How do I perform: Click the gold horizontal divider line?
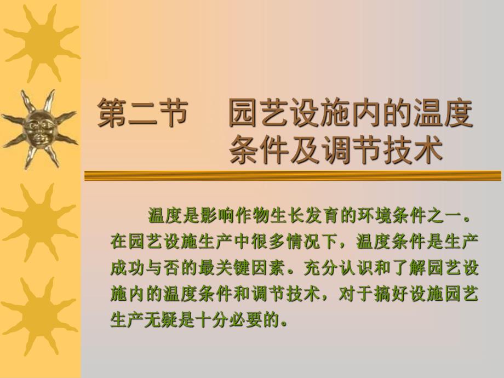pyautogui.click(x=293, y=176)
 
